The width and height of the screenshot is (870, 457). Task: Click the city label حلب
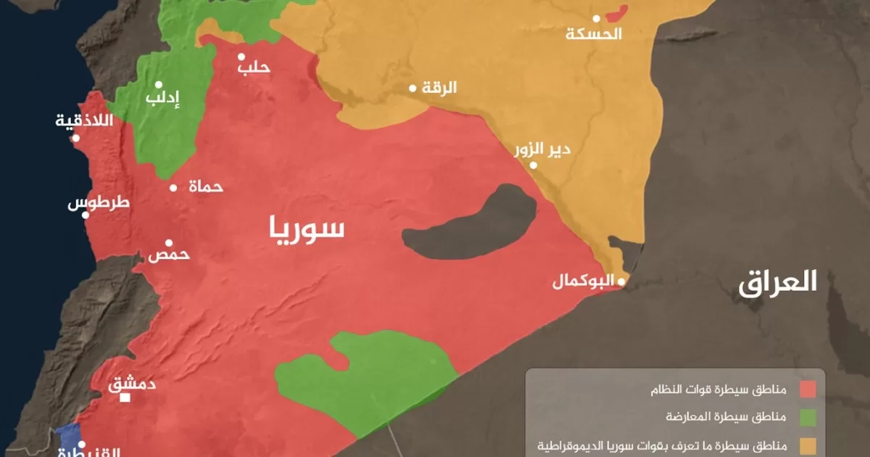point(254,67)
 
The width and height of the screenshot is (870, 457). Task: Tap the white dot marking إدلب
point(158,85)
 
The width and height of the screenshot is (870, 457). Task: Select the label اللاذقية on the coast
point(86,120)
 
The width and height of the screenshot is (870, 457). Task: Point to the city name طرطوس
point(99,202)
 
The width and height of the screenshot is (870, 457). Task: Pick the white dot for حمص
point(169,243)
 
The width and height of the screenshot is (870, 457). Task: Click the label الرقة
point(440,88)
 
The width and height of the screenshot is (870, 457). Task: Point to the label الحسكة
point(594,34)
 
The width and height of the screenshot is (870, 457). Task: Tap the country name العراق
point(778,281)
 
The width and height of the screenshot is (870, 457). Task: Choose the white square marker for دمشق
point(125,398)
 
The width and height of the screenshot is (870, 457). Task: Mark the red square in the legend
point(808,390)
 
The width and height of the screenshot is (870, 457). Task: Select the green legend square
point(808,417)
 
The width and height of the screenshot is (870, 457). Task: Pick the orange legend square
point(808,445)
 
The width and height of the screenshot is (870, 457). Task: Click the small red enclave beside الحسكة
point(617,14)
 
